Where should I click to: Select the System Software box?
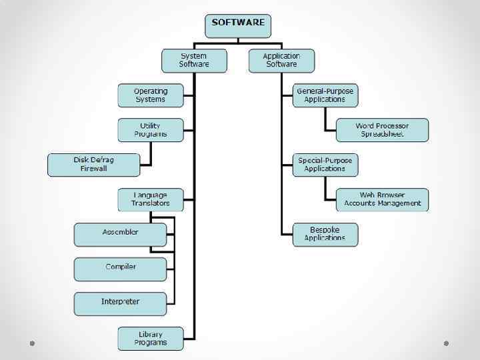coord(194,61)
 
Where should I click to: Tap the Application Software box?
coord(281,61)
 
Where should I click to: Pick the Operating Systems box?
coord(151,95)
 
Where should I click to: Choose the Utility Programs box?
coord(151,130)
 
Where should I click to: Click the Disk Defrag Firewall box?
coord(94,165)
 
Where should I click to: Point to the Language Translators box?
coord(151,199)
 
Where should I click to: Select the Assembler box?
coord(120,234)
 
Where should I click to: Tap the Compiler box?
coord(120,269)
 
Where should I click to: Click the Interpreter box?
coord(120,303)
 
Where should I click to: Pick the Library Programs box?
coord(151,338)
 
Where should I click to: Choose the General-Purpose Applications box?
coord(325,95)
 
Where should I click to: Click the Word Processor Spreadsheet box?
coord(382,130)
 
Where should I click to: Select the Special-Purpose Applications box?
coord(325,165)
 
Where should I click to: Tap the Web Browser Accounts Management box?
coord(382,199)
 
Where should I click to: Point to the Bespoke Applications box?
coord(325,234)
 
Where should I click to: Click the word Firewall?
coord(94,169)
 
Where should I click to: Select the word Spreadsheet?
coord(382,134)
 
